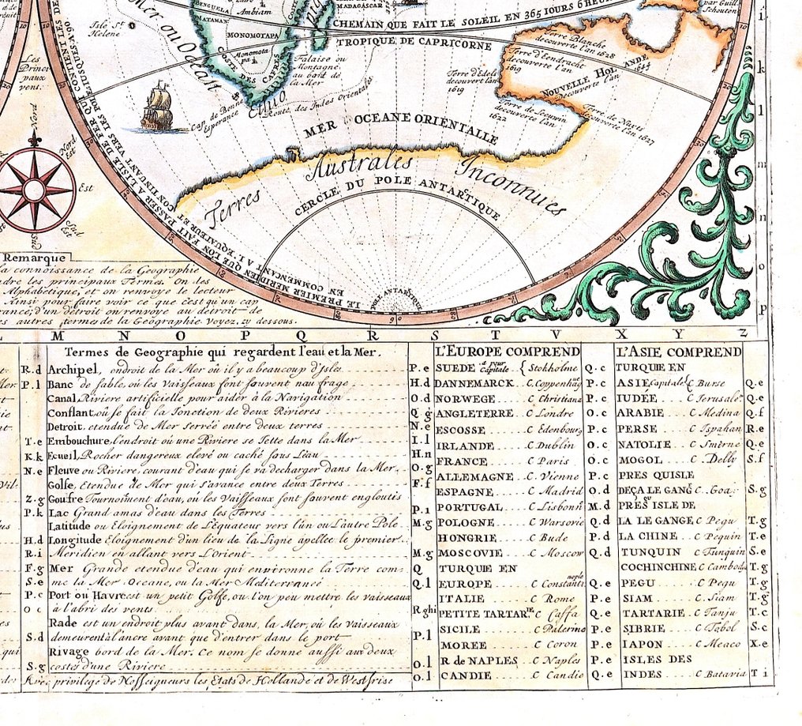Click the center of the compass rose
coord(34,190)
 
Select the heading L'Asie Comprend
coord(679,351)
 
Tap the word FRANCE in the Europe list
coord(462,461)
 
